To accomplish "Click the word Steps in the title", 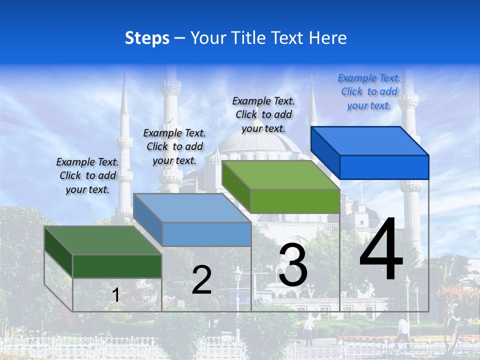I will click(x=147, y=38).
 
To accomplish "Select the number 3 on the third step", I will click(x=293, y=265).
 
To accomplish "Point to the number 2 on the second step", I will click(x=201, y=280).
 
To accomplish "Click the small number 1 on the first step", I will click(x=116, y=295).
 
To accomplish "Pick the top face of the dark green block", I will click(x=102, y=240).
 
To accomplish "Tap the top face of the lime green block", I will click(x=280, y=175).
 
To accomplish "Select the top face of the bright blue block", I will click(x=370, y=141).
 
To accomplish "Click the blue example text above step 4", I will click(x=369, y=92).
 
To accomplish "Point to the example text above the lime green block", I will click(x=263, y=115).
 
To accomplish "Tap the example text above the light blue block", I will click(x=174, y=146).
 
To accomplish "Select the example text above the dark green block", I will click(x=87, y=175).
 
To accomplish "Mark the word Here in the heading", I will click(x=328, y=38).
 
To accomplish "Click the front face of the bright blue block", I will click(x=384, y=167).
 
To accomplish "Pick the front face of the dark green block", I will click(x=117, y=266).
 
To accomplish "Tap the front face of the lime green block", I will click(x=295, y=201).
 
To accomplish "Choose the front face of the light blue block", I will click(x=206, y=234).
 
